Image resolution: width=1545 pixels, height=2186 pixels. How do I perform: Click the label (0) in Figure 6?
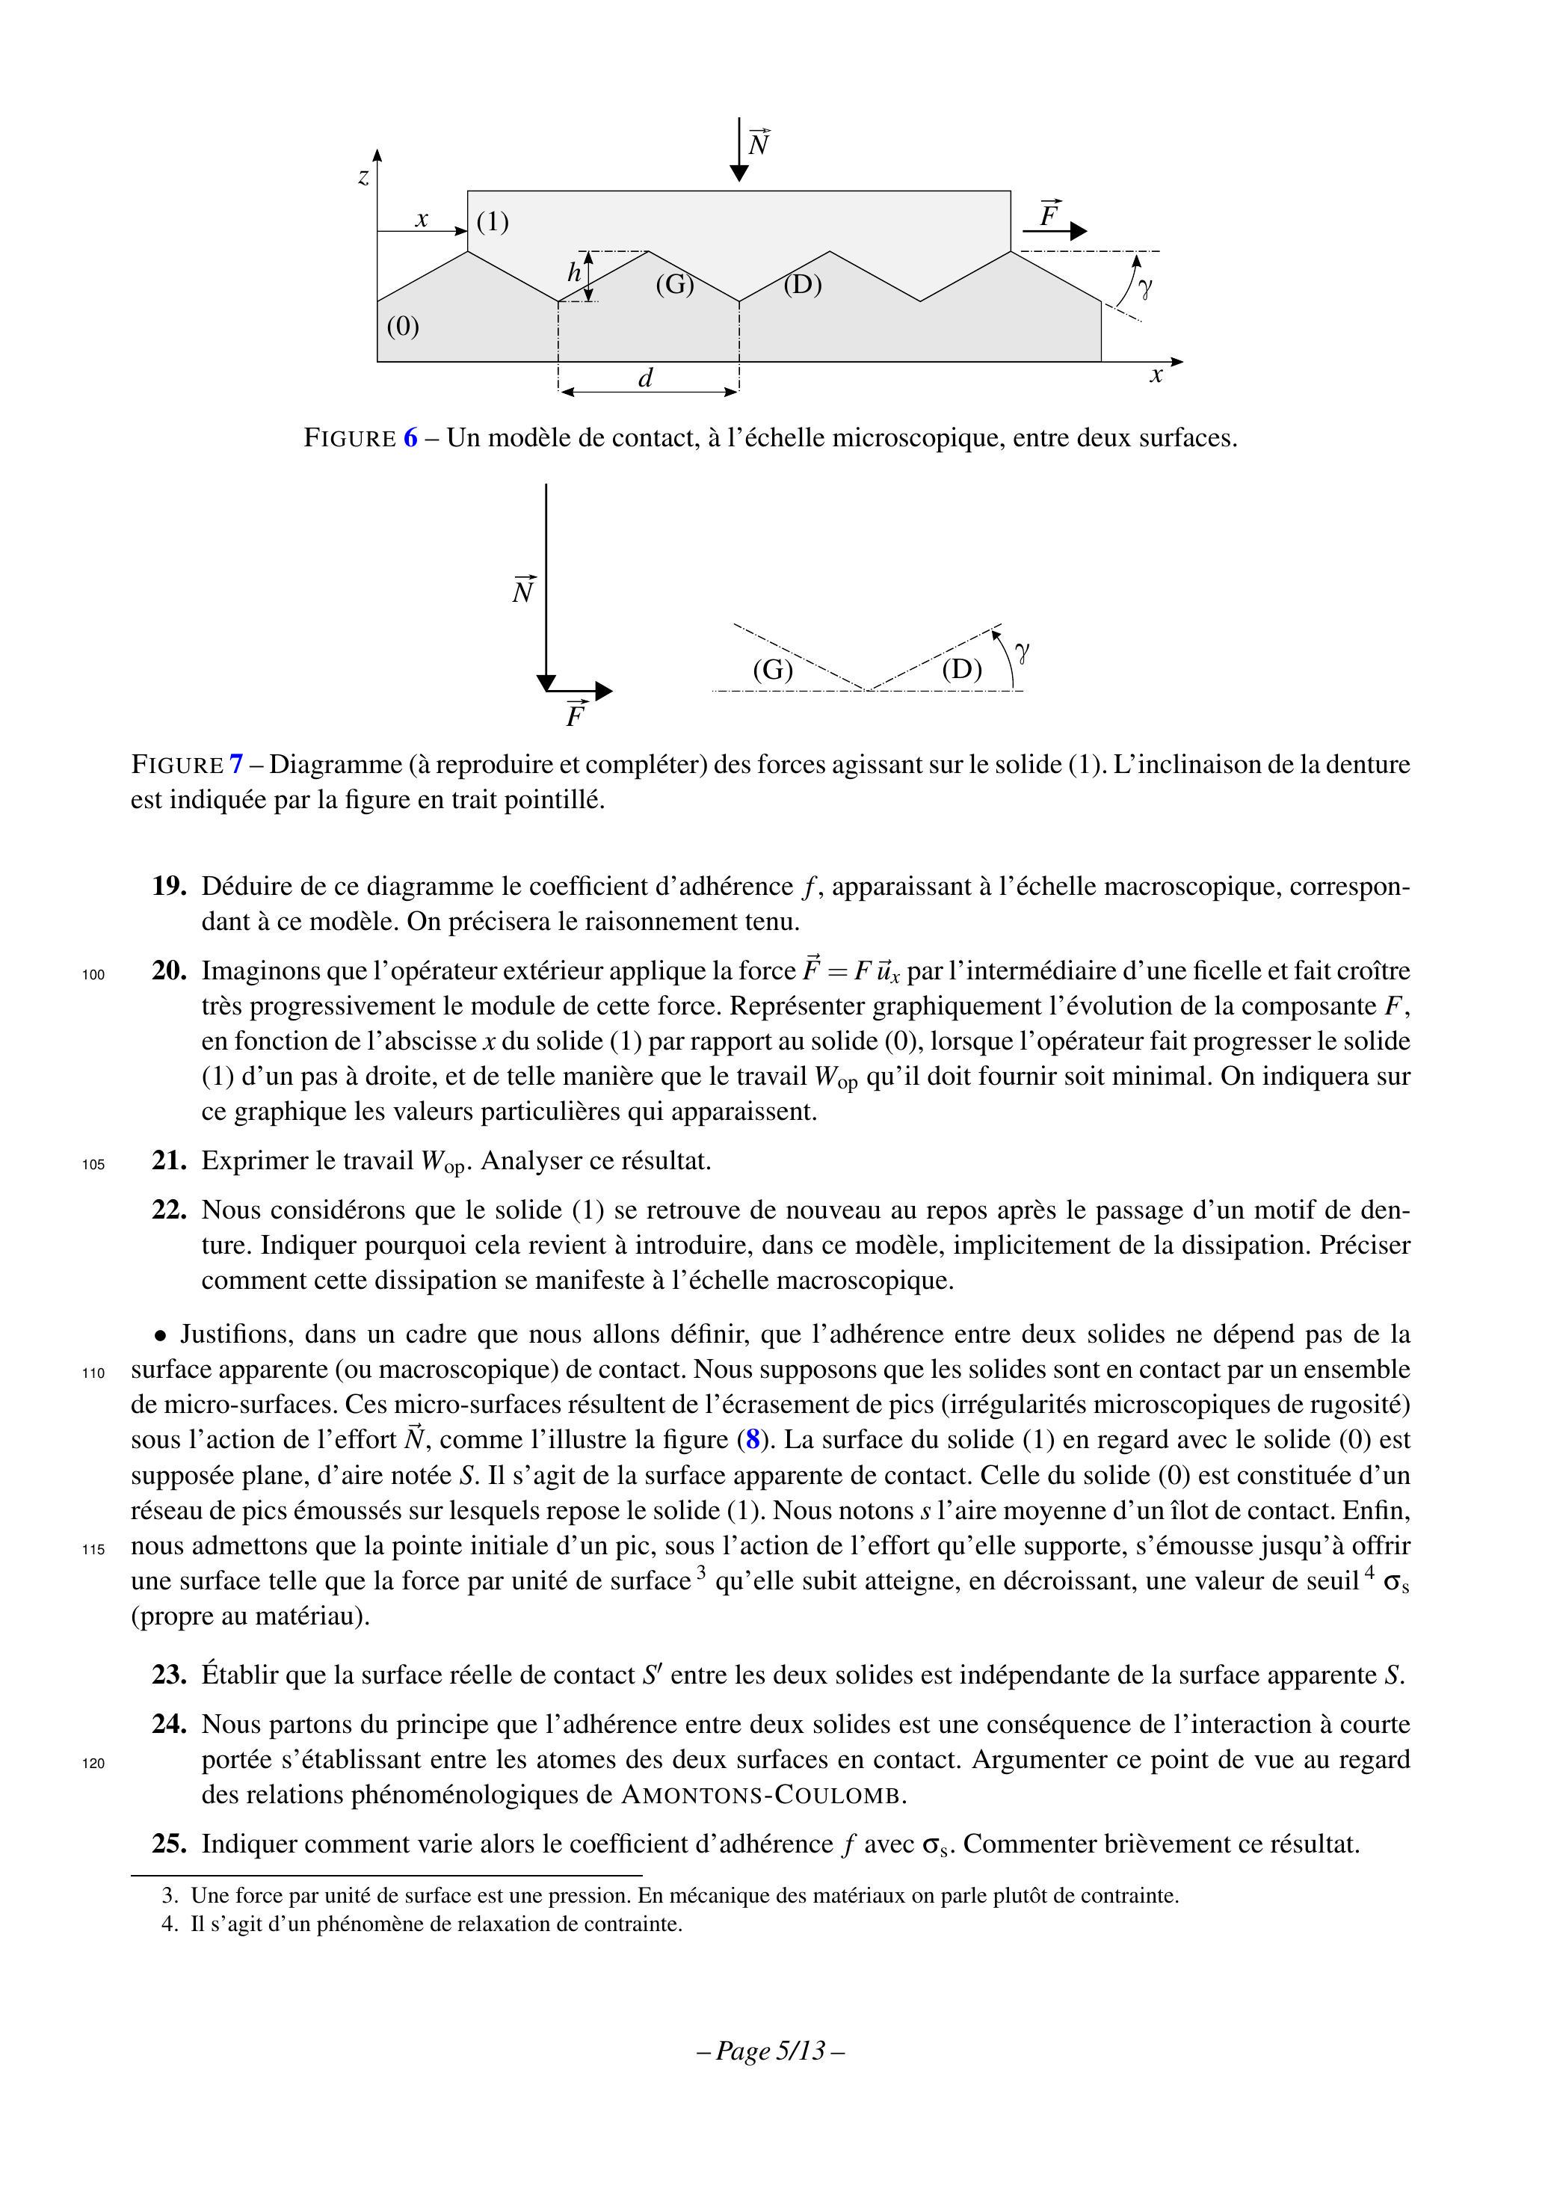coord(403,327)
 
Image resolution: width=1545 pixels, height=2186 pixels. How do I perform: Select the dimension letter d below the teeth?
coord(645,379)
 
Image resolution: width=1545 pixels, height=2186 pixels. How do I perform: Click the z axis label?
coord(363,176)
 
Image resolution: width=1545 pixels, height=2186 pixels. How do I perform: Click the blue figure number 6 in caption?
coord(410,438)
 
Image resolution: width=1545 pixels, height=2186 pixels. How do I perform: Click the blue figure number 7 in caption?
coord(236,765)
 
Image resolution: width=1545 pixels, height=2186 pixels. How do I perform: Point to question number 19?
coord(168,887)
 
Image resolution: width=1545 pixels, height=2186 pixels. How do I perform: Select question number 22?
coord(168,1210)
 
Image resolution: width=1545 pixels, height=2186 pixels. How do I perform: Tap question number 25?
coord(168,1844)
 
